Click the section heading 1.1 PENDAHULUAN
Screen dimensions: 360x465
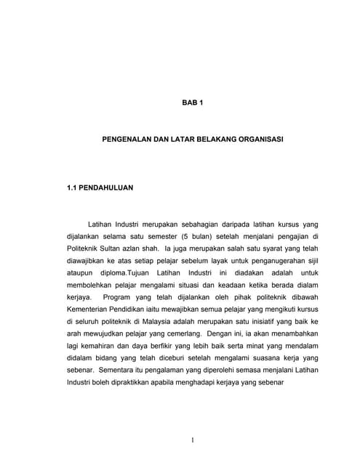[x=100, y=187]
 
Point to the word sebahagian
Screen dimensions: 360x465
[x=199, y=225]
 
